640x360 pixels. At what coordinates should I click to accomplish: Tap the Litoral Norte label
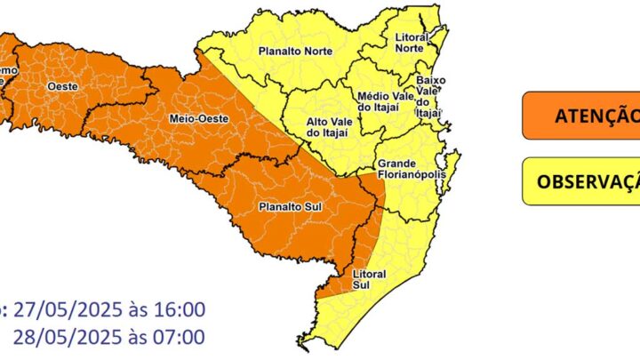[x=410, y=42]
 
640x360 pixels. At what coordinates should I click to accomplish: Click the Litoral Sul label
[x=369, y=279]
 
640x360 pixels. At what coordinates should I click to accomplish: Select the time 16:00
[x=179, y=310]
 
